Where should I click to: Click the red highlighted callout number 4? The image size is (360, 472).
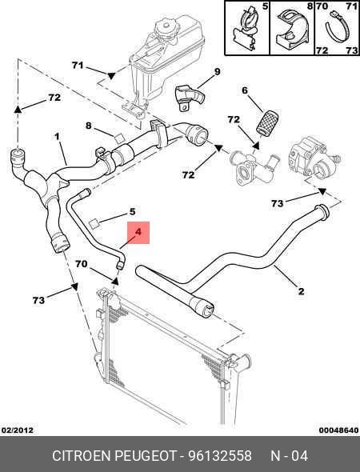(138, 232)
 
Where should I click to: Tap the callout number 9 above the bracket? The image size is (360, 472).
(217, 71)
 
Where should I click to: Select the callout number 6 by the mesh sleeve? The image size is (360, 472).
(245, 90)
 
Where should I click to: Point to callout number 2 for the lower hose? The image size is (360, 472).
(301, 291)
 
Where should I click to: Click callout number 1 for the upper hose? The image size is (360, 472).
(57, 137)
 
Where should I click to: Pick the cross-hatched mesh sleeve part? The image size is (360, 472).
(266, 122)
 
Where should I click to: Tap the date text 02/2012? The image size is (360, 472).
(17, 430)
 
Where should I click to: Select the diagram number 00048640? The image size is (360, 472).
(338, 430)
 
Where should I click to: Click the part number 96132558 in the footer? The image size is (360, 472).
(220, 456)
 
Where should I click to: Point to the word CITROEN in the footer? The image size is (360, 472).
(82, 456)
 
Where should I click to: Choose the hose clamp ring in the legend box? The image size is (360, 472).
(338, 28)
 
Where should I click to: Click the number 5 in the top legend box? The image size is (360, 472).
(265, 6)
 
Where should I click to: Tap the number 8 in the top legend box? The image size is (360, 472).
(310, 6)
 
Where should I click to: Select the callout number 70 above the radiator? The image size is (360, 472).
(82, 264)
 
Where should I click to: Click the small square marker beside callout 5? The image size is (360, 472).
(94, 224)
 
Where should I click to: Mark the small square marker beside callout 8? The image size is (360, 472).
(119, 138)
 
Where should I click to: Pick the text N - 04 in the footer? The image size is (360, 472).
(290, 456)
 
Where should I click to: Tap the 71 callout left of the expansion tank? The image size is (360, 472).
(78, 65)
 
